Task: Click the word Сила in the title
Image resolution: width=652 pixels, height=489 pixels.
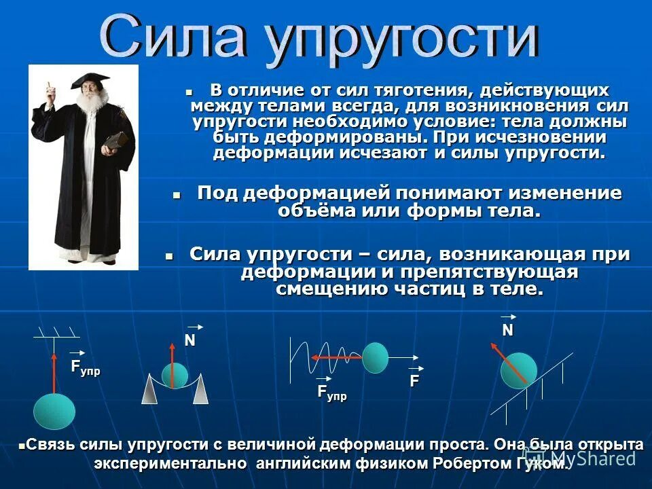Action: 174,39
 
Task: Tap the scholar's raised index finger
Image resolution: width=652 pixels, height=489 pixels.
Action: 48,86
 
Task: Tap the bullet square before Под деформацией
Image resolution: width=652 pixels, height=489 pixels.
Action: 177,195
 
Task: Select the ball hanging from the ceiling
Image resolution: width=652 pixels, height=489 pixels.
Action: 54,410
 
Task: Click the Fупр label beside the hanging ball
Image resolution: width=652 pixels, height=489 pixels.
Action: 86,368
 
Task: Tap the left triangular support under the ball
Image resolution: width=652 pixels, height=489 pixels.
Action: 149,391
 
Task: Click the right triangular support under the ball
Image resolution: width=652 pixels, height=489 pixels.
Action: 200,391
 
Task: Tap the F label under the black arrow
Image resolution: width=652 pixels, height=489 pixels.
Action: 414,381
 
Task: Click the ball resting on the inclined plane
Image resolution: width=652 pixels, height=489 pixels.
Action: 519,370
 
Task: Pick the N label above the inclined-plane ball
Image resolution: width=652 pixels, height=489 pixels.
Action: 508,329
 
